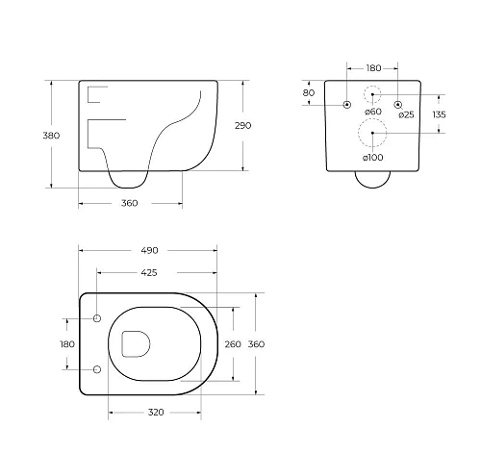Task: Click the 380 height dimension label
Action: pos(51,136)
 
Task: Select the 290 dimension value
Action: pos(242,126)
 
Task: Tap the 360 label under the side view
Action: pos(130,203)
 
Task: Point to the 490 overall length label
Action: pos(149,250)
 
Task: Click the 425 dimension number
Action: pos(149,273)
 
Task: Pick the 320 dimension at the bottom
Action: pos(156,413)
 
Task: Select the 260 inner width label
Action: pos(233,344)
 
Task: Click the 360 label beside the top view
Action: pos(256,344)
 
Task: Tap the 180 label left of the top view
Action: pos(67,344)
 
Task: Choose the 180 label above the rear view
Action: pos(373,68)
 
